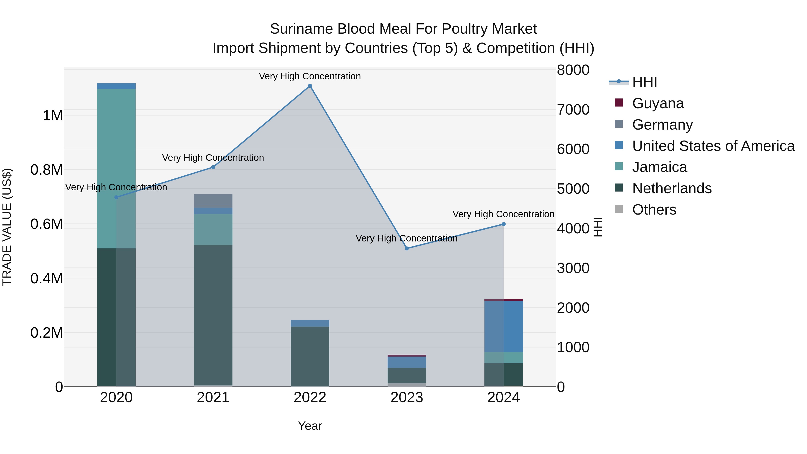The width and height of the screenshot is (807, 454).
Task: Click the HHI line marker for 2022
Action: pyautogui.click(x=310, y=86)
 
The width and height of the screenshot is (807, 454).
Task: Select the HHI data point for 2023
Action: pyautogui.click(x=407, y=248)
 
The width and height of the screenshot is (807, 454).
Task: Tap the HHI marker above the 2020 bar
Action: pyautogui.click(x=116, y=197)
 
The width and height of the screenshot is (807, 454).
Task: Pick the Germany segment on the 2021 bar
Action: pyautogui.click(x=213, y=201)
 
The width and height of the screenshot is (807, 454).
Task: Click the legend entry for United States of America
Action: pyautogui.click(x=713, y=146)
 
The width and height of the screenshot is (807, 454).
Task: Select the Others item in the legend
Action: pyautogui.click(x=654, y=210)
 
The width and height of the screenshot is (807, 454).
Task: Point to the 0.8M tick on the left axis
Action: pyautogui.click(x=47, y=170)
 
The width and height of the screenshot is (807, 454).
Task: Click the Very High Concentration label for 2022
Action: pyautogui.click(x=310, y=76)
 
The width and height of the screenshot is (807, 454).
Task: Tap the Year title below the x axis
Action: pyautogui.click(x=310, y=426)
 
